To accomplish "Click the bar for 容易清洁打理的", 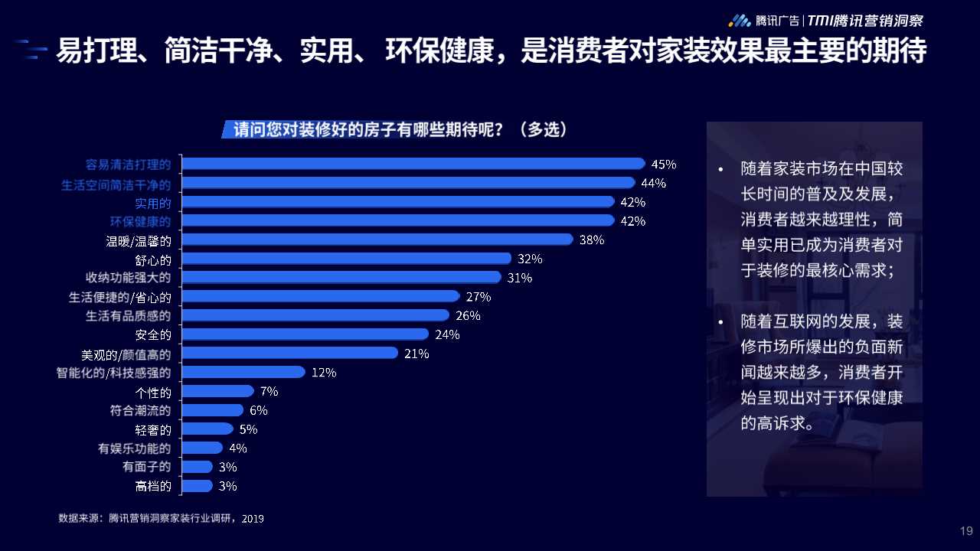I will pos(413,164).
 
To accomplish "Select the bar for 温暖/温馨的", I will pos(377,240).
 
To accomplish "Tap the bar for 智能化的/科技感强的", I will pos(243,373).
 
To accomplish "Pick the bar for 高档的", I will pos(198,486).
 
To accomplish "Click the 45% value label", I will pos(664,164).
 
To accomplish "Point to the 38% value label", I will pos(592,240).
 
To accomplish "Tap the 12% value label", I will pos(324,373).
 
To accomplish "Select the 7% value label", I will pos(269,391).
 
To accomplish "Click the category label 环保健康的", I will pos(141,222).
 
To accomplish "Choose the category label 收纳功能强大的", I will pos(128,277).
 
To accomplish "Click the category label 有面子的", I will pos(147,467).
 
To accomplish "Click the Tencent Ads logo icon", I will pos(739,21).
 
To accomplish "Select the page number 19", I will pos(966,531).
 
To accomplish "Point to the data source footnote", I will pos(161,518).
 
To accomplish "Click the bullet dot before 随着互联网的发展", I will pos(720,321).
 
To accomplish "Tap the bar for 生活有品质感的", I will pos(315,315).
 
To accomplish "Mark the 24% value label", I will pos(447,334).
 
